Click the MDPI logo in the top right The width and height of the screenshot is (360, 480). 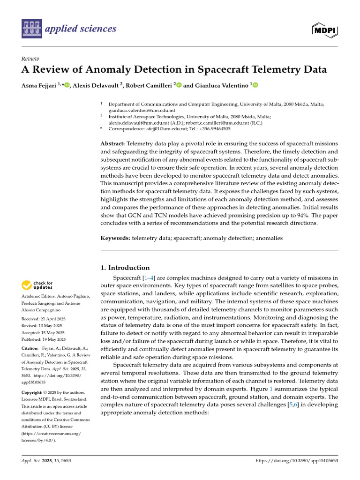(324, 29)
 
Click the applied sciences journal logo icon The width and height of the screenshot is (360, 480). (31, 29)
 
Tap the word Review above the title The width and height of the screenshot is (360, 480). (30, 59)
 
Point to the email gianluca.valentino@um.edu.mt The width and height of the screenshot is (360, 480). (139, 110)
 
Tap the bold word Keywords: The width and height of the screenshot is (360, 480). (116, 238)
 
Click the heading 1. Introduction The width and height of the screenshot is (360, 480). (126, 268)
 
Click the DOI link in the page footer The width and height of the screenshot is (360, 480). (296, 461)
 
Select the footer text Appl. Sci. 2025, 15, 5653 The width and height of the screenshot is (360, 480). (46, 461)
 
